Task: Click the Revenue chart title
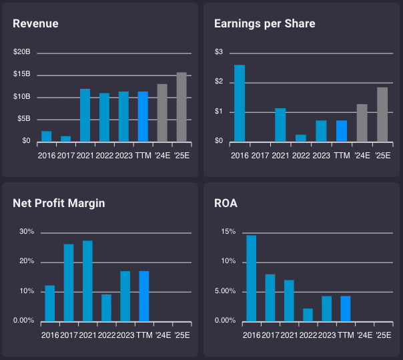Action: coord(35,23)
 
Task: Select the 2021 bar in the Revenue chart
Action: coord(85,115)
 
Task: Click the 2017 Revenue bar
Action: coord(65,138)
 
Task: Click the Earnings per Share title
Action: coord(264,23)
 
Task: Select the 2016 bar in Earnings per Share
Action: coord(240,103)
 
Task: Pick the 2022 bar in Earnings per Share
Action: coord(301,138)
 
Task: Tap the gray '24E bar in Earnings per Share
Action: coord(362,123)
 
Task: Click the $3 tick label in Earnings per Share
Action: coord(218,52)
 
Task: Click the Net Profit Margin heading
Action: coord(59,203)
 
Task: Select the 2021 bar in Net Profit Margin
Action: coord(87,281)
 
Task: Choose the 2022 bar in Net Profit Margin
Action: coord(106,307)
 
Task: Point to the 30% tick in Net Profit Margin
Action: coord(27,232)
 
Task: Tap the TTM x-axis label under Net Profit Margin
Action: coord(144,335)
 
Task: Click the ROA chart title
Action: coord(225,203)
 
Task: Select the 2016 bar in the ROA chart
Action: coord(251,278)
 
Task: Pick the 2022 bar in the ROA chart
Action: coord(308,314)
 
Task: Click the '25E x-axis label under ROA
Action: coord(383,335)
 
